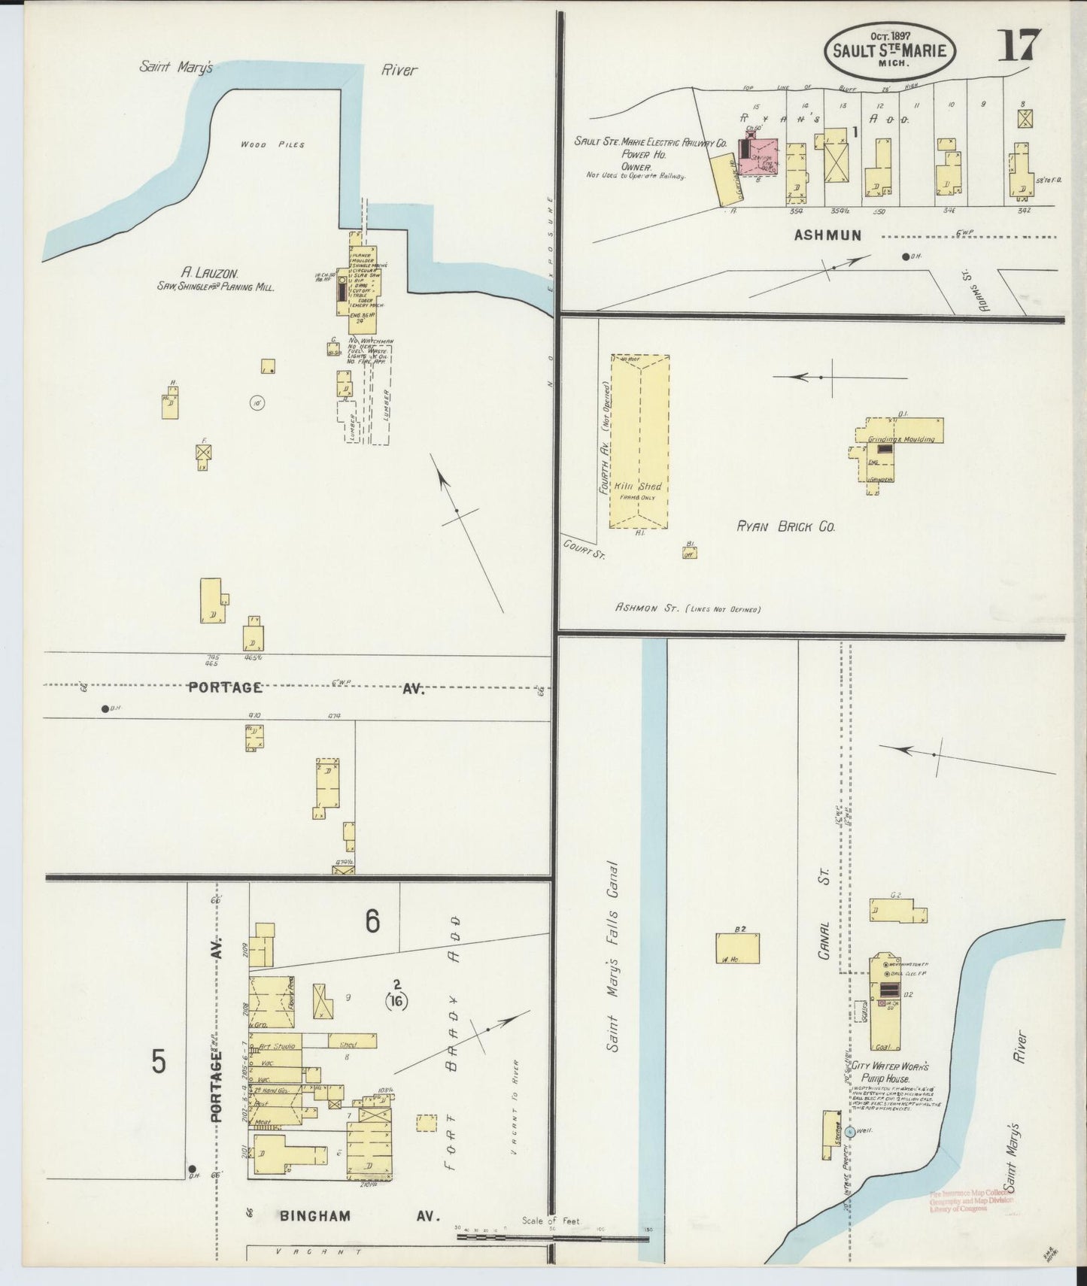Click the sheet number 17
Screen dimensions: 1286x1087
1019,47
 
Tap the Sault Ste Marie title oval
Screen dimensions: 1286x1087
891,50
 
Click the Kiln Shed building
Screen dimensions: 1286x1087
639,442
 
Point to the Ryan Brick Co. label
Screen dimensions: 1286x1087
785,527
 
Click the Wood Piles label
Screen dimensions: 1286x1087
272,144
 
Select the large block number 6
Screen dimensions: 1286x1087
372,921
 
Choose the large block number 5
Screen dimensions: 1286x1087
158,1062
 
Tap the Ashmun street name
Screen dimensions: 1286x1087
827,235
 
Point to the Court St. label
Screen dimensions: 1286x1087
584,550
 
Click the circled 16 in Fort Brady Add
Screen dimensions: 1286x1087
396,1001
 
